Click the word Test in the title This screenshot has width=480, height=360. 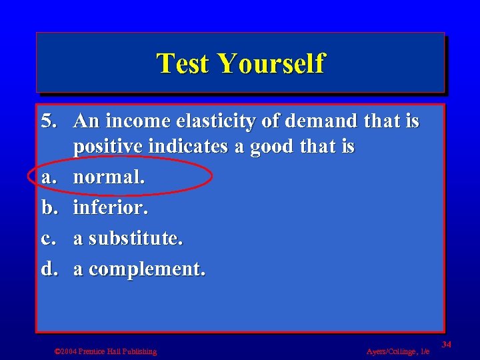(x=183, y=64)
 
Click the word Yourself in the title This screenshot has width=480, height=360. (x=271, y=64)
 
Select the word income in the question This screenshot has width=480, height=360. (x=138, y=121)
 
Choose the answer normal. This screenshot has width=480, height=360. (x=109, y=177)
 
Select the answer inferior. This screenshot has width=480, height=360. (x=110, y=207)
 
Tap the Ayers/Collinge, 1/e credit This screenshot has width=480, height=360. (x=398, y=351)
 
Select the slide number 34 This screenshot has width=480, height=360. (x=447, y=344)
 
